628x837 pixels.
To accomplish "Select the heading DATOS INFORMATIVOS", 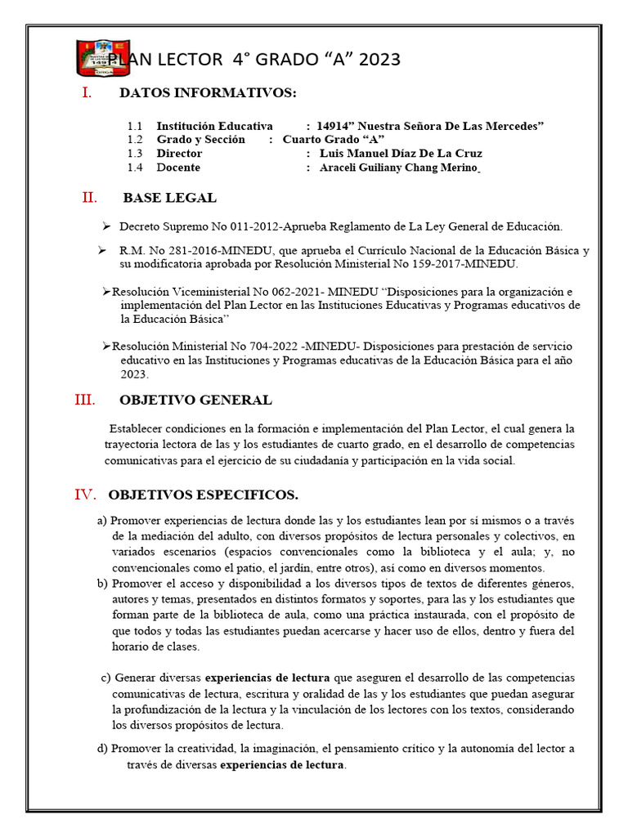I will [208, 94].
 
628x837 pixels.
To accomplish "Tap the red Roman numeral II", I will [89, 197].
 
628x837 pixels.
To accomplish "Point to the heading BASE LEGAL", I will [169, 198].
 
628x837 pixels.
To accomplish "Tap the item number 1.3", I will [135, 154].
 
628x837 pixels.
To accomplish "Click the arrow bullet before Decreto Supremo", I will [106, 226].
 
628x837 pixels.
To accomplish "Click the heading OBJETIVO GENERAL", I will [195, 401].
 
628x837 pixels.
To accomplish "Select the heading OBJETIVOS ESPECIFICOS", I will [203, 495].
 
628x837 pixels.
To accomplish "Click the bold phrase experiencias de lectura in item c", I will [267, 678].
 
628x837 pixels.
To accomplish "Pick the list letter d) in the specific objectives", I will [101, 749].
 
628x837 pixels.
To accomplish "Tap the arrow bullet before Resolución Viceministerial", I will [106, 292].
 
